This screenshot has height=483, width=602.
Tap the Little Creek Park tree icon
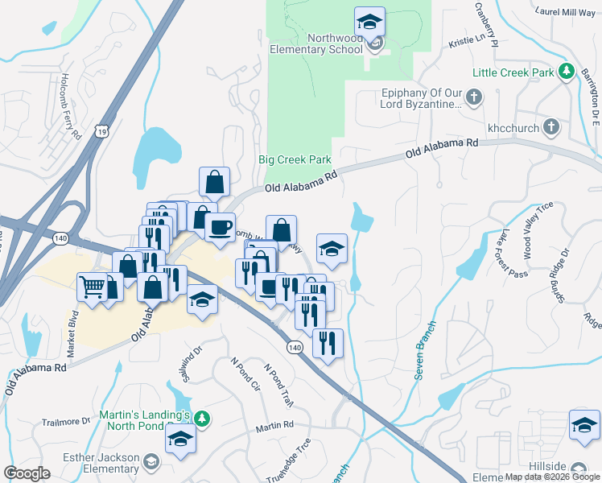click(566, 72)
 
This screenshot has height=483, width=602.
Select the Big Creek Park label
click(295, 159)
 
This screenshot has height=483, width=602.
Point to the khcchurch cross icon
click(551, 126)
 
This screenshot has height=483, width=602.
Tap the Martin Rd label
click(276, 425)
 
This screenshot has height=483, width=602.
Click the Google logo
click(27, 473)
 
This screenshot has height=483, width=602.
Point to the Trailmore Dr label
click(66, 421)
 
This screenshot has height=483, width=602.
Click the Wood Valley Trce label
click(538, 230)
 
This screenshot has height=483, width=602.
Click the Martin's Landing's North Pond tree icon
click(203, 418)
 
